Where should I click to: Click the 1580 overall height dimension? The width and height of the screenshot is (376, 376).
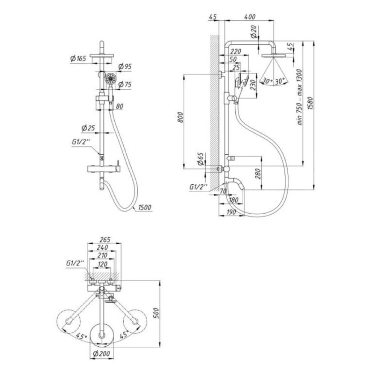pos(311,103)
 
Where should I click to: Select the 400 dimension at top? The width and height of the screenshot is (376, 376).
pos(250,17)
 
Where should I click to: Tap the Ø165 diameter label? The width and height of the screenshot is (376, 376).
pos(78,59)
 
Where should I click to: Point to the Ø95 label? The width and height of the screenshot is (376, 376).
pos(125,67)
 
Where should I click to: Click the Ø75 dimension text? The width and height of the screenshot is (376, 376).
pos(125,84)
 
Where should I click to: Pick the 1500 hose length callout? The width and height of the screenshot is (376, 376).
pos(145,207)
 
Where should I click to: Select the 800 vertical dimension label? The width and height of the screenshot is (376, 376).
pos(180,117)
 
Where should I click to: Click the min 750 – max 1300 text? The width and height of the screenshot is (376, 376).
pos(300,97)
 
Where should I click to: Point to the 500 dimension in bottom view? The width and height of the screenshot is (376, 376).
pos(156,313)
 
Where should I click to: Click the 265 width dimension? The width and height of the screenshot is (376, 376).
pos(105,239)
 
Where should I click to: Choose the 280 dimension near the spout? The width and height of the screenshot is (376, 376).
pos(257,174)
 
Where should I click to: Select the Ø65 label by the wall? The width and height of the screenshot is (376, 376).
pos(200,159)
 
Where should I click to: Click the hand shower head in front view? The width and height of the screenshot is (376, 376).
pos(111,78)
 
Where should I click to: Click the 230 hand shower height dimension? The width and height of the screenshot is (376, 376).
pos(253,85)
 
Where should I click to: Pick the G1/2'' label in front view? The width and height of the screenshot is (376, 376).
pos(81,142)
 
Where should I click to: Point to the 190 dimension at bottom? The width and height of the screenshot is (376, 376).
pos(231,212)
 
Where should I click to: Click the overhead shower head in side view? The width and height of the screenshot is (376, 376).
pos(274,56)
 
